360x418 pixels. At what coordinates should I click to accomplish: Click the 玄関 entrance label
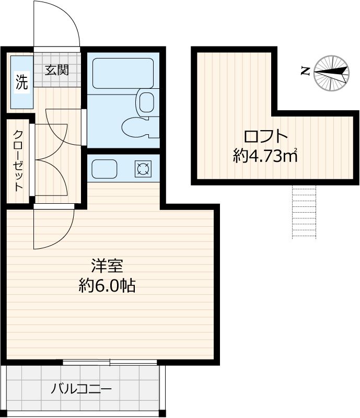tap(56, 70)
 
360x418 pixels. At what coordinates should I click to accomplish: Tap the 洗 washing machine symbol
tap(21, 83)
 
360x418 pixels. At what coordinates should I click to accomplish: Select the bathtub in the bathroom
tap(122, 73)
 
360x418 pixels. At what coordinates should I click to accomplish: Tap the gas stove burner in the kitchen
tap(142, 168)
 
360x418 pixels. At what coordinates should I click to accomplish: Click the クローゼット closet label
tap(19, 160)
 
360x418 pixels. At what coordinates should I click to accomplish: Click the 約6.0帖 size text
tap(107, 285)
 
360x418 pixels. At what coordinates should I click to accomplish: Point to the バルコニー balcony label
tap(81, 389)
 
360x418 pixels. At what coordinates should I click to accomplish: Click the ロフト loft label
tap(266, 137)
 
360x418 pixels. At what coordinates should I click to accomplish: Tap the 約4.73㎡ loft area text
tap(266, 156)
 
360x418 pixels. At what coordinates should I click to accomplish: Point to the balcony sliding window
tap(110, 362)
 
